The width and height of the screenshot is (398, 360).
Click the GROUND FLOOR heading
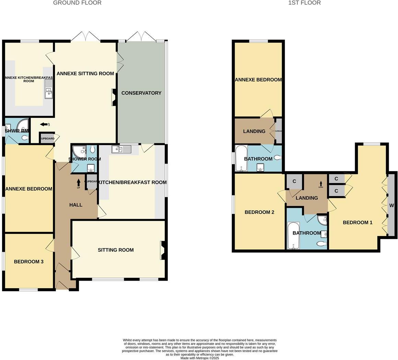click(77, 3)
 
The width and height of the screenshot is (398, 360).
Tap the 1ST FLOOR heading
click(304, 3)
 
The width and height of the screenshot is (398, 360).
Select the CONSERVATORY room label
click(141, 93)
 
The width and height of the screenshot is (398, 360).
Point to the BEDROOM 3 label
click(28, 261)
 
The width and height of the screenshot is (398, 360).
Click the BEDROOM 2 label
click(259, 212)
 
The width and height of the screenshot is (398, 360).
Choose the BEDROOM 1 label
click(358, 222)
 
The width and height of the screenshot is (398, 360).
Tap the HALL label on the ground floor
click(76, 205)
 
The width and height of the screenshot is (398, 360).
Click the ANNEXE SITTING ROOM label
click(85, 73)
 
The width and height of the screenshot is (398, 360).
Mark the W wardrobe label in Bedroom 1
click(391, 206)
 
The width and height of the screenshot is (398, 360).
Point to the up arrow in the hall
click(79, 182)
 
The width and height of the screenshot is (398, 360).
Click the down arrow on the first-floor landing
click(321, 183)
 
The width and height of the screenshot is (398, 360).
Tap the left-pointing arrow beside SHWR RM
click(44, 124)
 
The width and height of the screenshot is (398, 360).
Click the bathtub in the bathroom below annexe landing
click(242, 158)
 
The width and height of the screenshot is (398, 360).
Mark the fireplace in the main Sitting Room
click(163, 250)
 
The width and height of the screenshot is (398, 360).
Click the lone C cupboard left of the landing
click(294, 181)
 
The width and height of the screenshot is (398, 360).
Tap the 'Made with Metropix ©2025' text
click(200, 358)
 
